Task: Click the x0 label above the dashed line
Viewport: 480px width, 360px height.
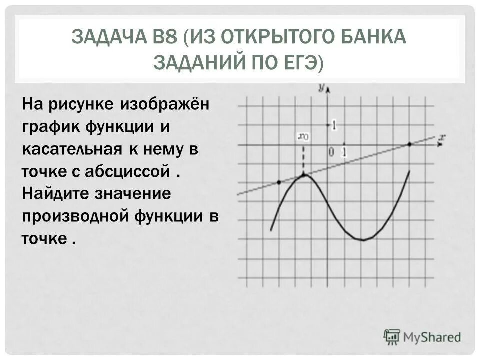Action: [303, 135]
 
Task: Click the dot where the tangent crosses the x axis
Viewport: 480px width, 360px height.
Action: [409, 144]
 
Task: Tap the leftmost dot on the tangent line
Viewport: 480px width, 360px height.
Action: [279, 182]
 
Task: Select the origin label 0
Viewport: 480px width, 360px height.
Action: [330, 151]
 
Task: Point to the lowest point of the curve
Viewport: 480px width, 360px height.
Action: [363, 240]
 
